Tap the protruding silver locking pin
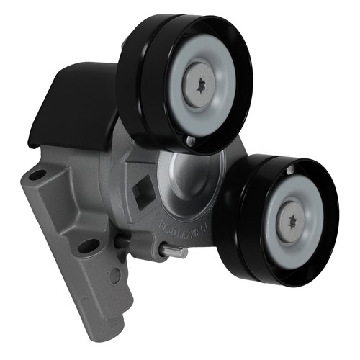(x=174, y=251)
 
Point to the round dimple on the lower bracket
(x=114, y=276)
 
